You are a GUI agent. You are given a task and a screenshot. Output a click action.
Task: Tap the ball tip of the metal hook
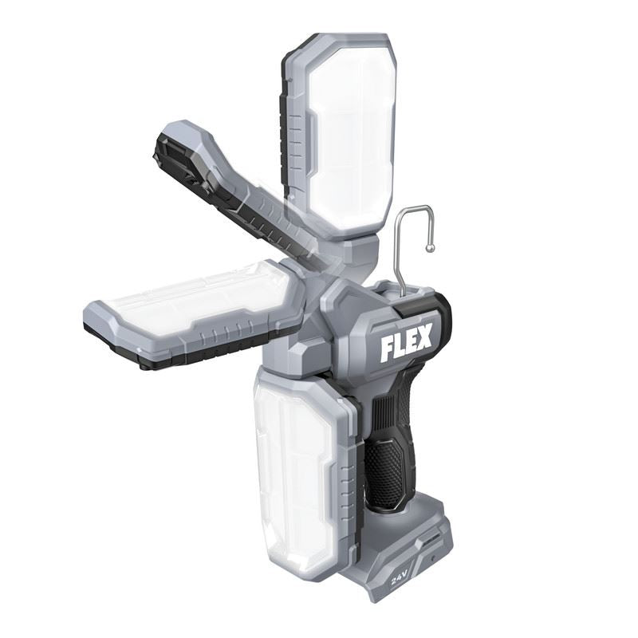point(431,248)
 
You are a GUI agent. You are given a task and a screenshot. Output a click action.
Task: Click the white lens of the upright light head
point(351,132)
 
